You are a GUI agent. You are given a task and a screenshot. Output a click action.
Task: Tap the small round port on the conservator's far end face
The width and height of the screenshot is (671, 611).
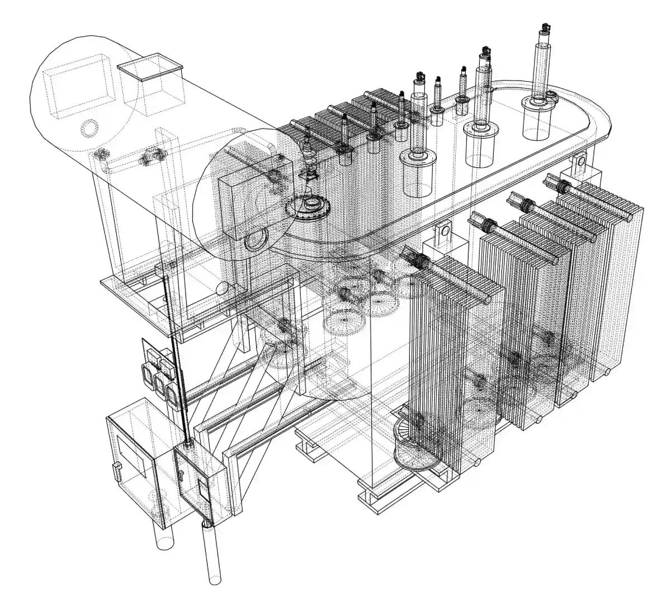(x=88, y=129)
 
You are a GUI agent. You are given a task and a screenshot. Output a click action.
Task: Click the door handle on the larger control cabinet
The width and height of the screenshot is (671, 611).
(x=116, y=471)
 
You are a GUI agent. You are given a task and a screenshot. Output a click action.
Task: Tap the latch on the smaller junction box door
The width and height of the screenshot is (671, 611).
(x=182, y=475)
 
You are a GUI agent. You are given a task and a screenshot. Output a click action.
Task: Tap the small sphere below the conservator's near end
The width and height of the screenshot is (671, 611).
(x=222, y=288)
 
